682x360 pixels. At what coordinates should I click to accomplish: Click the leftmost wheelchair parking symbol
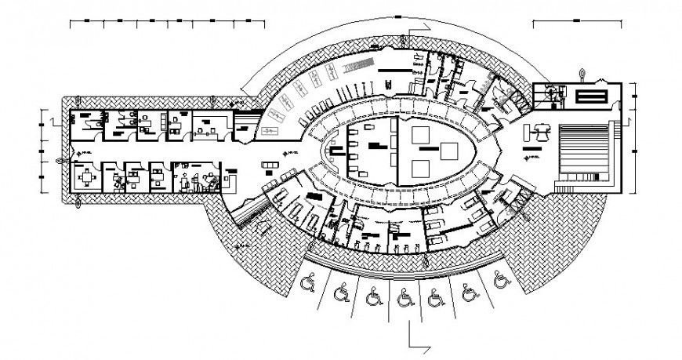click(308, 280)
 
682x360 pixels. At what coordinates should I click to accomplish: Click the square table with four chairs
click(85, 177)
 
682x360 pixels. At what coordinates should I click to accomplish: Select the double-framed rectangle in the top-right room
click(592, 96)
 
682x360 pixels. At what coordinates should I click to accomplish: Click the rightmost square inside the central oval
click(449, 149)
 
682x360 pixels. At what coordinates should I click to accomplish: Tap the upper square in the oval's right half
click(418, 133)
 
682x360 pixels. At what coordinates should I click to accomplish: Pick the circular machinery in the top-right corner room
click(554, 95)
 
